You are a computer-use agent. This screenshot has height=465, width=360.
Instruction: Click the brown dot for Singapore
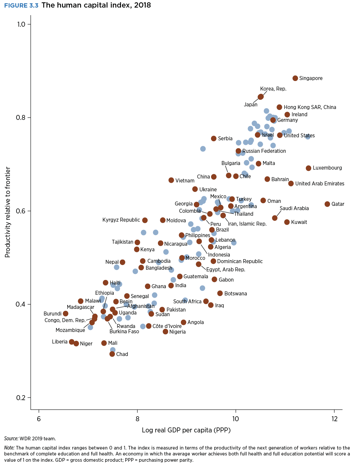click(x=295, y=78)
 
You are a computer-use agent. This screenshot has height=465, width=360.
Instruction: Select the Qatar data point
click(x=327, y=204)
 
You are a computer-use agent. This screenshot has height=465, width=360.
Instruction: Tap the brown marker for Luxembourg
click(x=308, y=168)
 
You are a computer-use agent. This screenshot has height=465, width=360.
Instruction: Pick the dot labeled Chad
click(x=112, y=354)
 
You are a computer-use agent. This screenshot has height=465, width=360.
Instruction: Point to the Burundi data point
click(x=66, y=314)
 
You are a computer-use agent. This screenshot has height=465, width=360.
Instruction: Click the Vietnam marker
click(x=171, y=180)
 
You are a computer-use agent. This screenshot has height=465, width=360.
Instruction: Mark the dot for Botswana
click(x=220, y=293)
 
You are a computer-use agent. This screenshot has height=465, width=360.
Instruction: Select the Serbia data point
click(x=214, y=138)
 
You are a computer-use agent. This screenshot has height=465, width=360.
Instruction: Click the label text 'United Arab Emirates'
click(x=319, y=184)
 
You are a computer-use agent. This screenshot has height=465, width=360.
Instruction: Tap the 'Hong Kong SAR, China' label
click(x=310, y=107)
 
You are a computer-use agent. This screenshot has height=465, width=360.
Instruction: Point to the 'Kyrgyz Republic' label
click(x=121, y=220)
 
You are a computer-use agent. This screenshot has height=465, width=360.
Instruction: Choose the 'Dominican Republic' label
click(x=240, y=261)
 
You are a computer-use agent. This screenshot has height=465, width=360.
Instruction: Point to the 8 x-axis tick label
click(x=137, y=419)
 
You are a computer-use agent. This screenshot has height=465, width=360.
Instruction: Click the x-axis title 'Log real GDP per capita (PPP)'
click(x=186, y=430)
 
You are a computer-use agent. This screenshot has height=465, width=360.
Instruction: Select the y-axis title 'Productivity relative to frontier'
click(x=8, y=212)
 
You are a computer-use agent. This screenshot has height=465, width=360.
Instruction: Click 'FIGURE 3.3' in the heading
click(x=21, y=5)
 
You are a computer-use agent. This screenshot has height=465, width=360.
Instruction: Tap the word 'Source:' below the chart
click(x=11, y=439)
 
